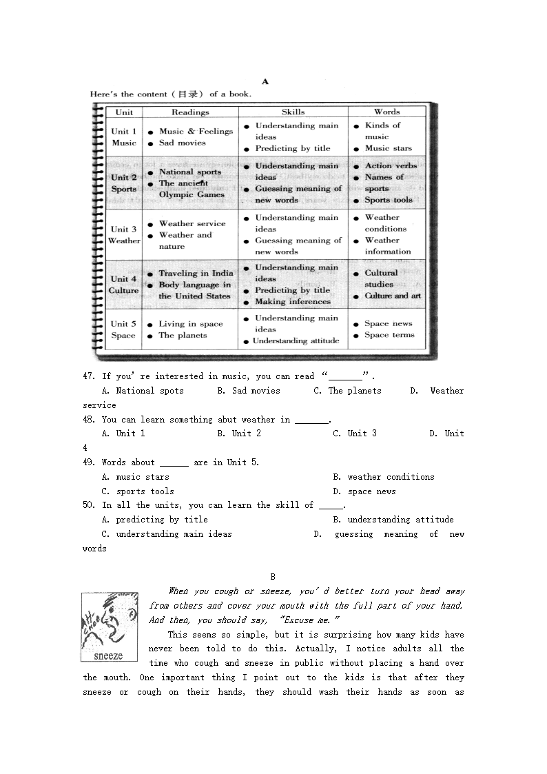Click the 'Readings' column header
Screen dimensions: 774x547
(189, 112)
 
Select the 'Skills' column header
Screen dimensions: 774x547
(293, 112)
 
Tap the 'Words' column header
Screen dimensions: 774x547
(386, 112)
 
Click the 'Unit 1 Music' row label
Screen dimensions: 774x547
(124, 136)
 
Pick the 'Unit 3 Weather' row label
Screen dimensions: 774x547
(124, 235)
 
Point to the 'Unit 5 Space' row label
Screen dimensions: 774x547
(123, 329)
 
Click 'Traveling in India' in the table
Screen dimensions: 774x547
(196, 274)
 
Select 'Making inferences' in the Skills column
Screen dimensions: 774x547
(293, 302)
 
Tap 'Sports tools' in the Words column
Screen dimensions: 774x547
(389, 200)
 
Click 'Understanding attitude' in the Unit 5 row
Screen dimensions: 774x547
(296, 341)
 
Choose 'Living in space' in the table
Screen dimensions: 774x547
(191, 324)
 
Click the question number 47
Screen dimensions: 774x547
(88, 376)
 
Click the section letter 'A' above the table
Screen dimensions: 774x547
(265, 81)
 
